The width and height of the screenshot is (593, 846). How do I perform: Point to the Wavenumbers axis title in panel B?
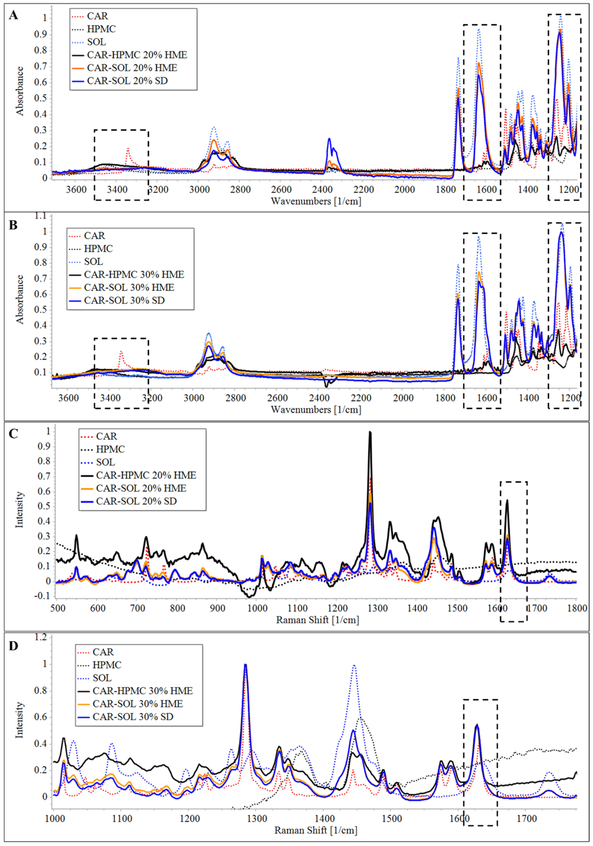point(316,409)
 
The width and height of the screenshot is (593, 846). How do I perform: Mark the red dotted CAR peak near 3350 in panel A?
point(128,149)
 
